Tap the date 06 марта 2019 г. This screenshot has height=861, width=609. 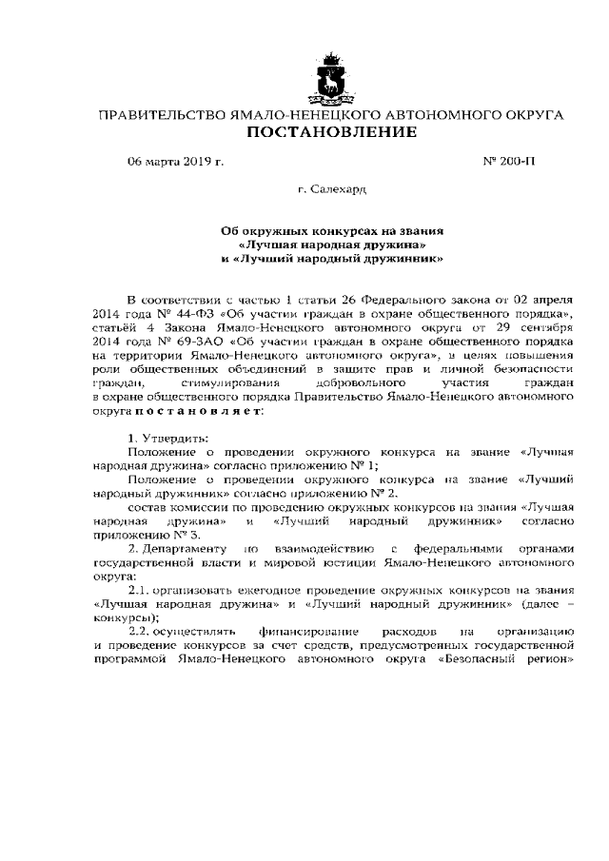click(x=176, y=162)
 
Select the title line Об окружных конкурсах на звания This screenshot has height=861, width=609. click(x=332, y=230)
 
